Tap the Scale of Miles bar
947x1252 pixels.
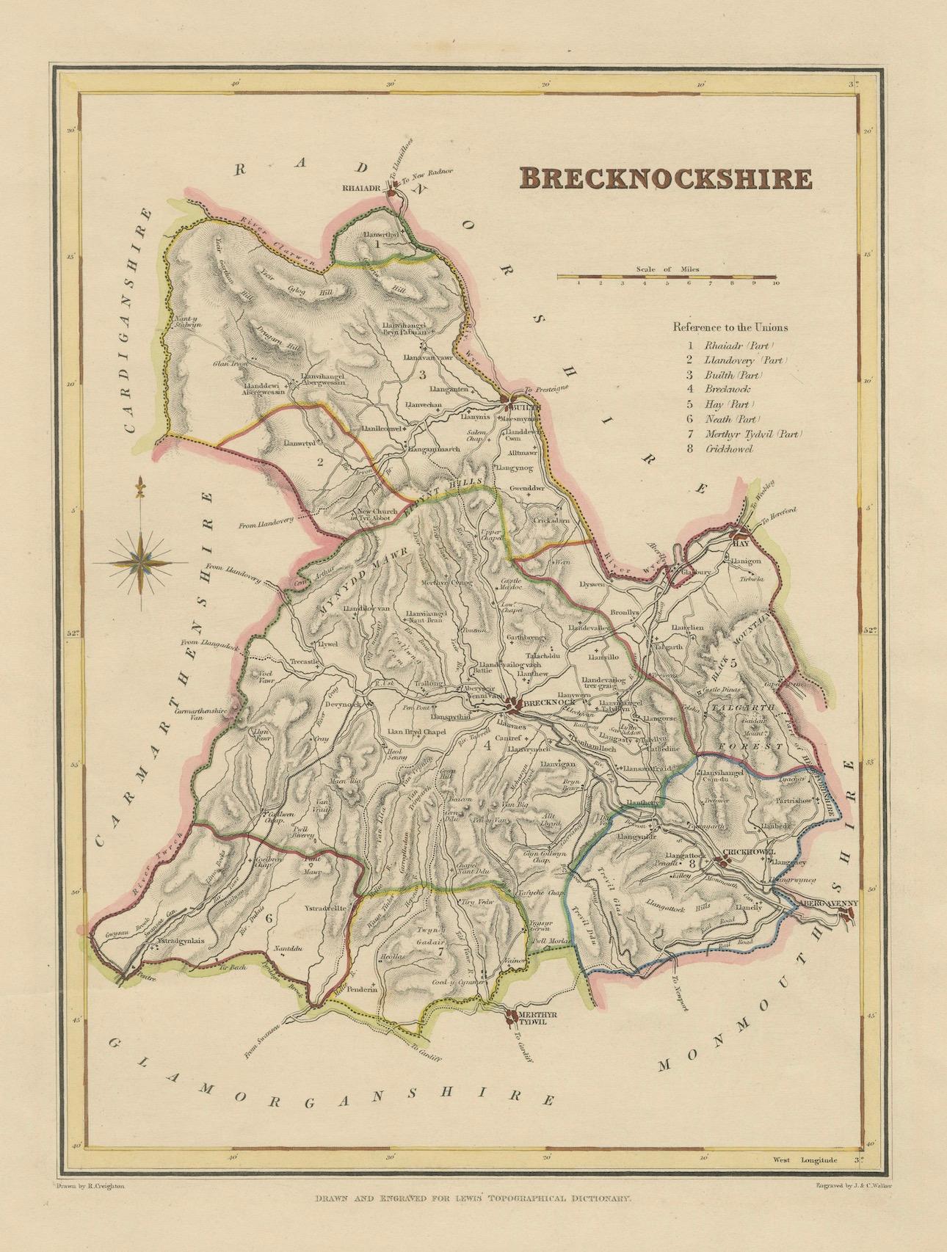pyautogui.click(x=667, y=277)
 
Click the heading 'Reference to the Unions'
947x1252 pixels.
pyautogui.click(x=730, y=328)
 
